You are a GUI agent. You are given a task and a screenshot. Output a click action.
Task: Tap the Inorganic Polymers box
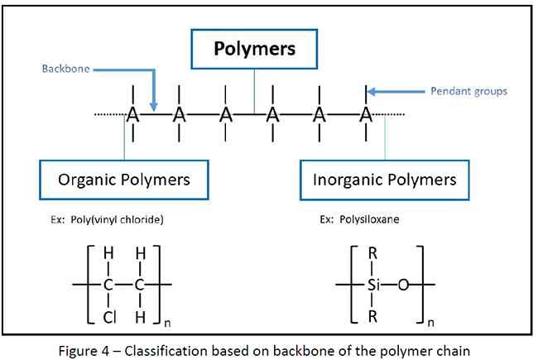[x=385, y=179]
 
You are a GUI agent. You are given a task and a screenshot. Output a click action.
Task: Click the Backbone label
[x=65, y=70]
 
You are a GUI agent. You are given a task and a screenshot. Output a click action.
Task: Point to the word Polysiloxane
[x=367, y=222]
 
